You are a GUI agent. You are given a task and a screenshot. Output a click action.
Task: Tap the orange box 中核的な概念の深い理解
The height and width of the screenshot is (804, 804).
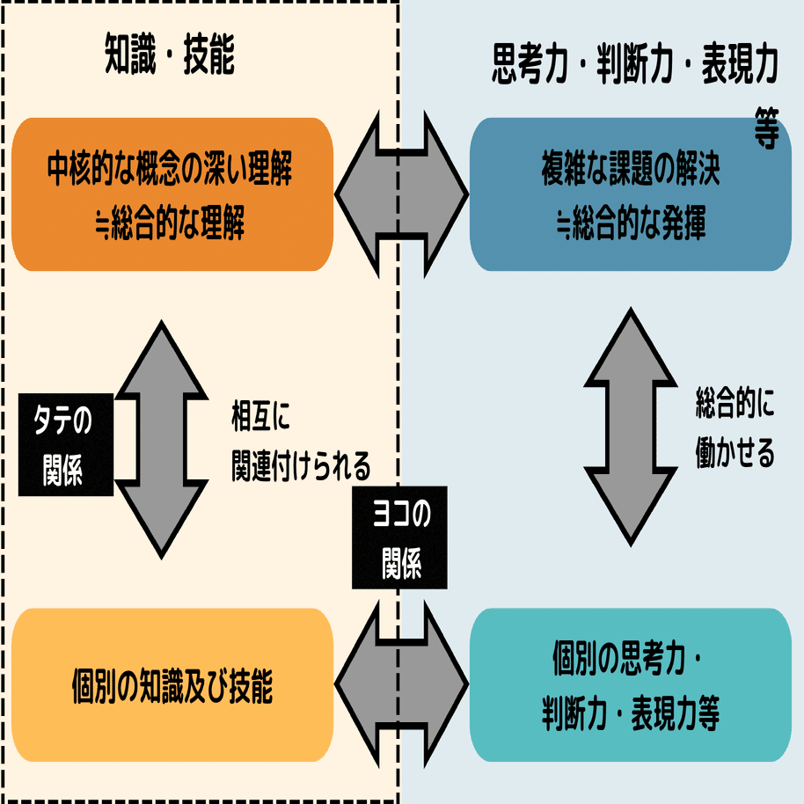coord(172,194)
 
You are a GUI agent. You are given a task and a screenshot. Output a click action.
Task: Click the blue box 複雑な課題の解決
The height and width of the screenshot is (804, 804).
coord(631,194)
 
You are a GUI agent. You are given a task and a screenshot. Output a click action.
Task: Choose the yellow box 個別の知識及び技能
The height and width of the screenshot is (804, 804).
coord(172,685)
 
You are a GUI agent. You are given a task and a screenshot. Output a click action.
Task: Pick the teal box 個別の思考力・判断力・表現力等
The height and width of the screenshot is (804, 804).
coord(631,685)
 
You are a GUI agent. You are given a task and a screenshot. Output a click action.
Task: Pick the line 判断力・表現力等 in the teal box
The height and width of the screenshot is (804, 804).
coord(631,714)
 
